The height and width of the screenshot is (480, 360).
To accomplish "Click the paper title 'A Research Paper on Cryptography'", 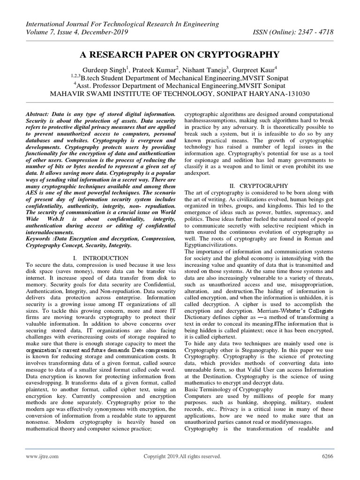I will point(180,54).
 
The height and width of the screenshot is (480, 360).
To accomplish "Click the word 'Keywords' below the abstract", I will point(39,238).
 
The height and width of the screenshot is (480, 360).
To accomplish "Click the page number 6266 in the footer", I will point(326,456).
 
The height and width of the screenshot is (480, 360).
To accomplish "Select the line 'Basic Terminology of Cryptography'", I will point(229,390).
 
